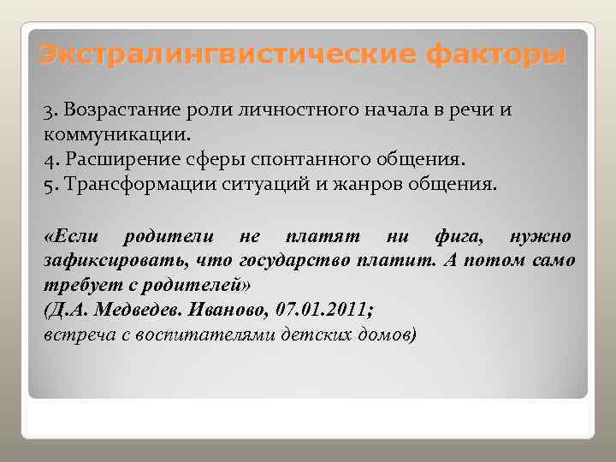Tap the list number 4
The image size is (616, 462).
pyautogui.click(x=47, y=159)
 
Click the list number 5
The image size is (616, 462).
pyautogui.click(x=47, y=183)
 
